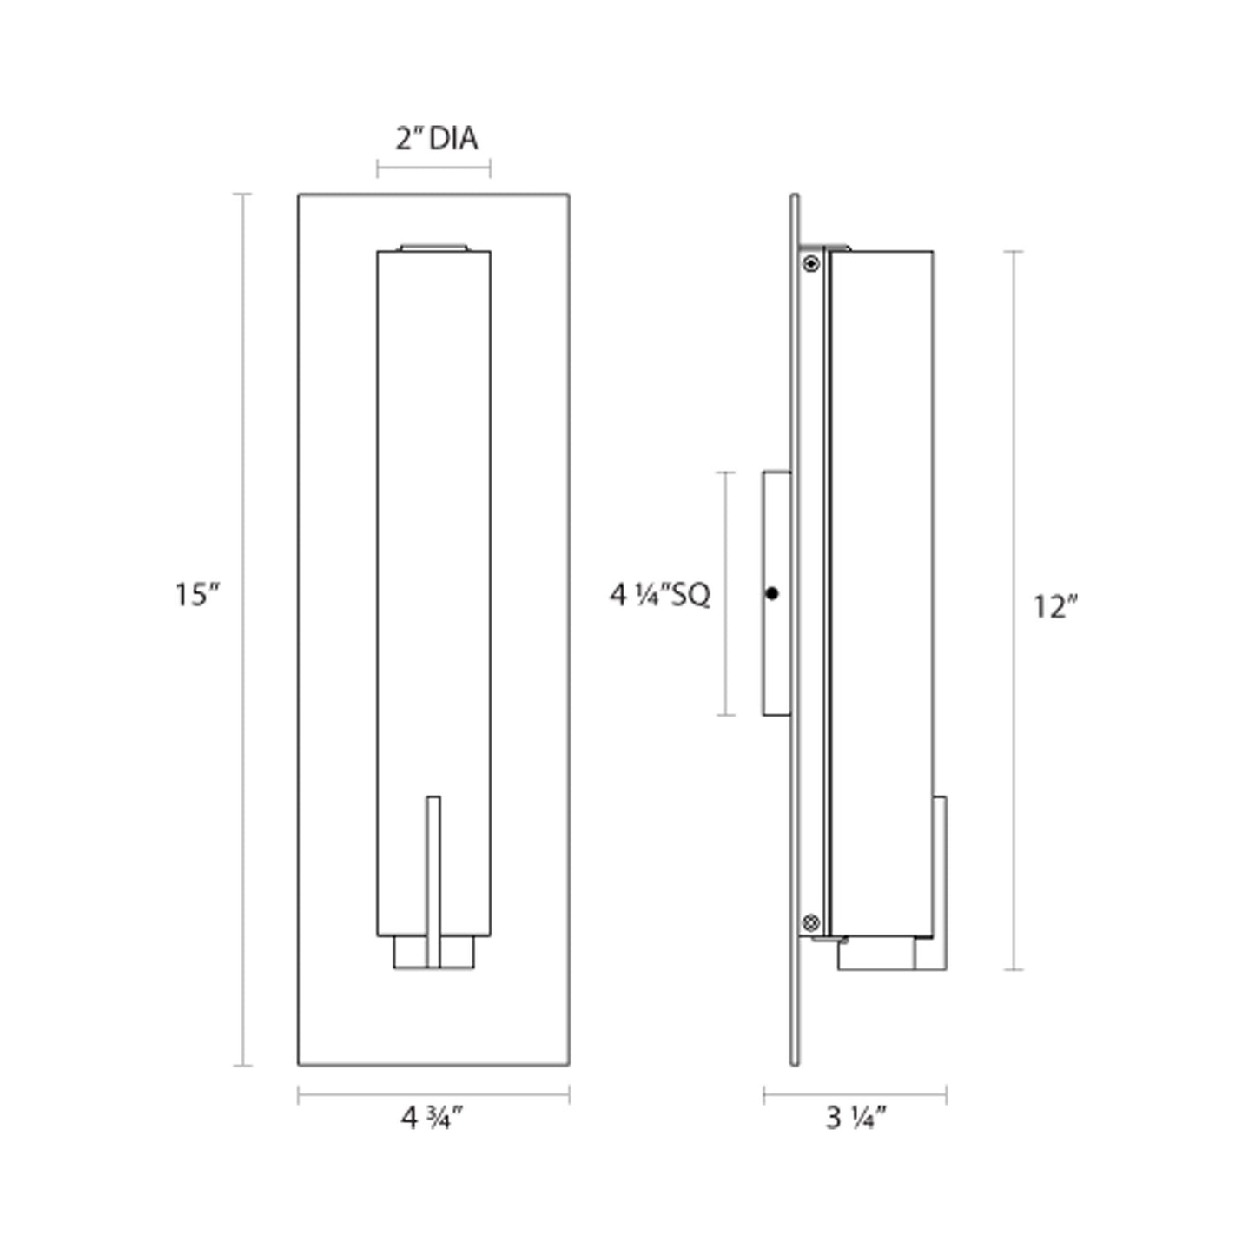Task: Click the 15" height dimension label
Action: pyautogui.click(x=198, y=595)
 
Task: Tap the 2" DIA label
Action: pyautogui.click(x=436, y=139)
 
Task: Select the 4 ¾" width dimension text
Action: pyautogui.click(x=432, y=1119)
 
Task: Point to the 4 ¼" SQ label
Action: pyautogui.click(x=660, y=595)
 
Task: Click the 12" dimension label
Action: pyautogui.click(x=1056, y=608)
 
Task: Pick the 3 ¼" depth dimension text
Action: pyautogui.click(x=856, y=1119)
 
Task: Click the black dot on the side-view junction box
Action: pyautogui.click(x=772, y=593)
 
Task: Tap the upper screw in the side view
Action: pyautogui.click(x=811, y=264)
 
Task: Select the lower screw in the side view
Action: pyautogui.click(x=811, y=921)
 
